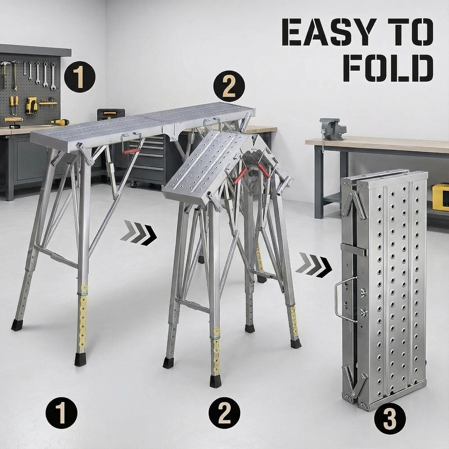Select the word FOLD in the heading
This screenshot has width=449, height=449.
(388, 68)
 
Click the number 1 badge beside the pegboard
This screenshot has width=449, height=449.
(80, 77)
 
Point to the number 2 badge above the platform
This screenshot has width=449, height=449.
(229, 86)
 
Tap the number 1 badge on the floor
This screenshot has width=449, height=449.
(62, 413)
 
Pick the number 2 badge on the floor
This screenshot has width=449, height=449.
(224, 413)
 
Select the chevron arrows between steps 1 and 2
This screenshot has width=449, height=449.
(138, 233)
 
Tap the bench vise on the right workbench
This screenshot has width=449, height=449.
(332, 129)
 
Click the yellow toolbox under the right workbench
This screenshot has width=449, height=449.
(441, 198)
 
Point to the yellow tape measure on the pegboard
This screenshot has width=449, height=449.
(31, 106)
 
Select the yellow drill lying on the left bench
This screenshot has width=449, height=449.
(60, 122)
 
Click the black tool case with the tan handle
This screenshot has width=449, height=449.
(111, 114)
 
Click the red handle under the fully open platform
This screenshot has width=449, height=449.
(132, 151)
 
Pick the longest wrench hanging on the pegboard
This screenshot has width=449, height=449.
(53, 76)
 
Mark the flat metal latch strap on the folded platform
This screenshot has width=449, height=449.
(354, 250)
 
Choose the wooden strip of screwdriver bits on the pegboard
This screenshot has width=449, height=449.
(48, 102)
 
